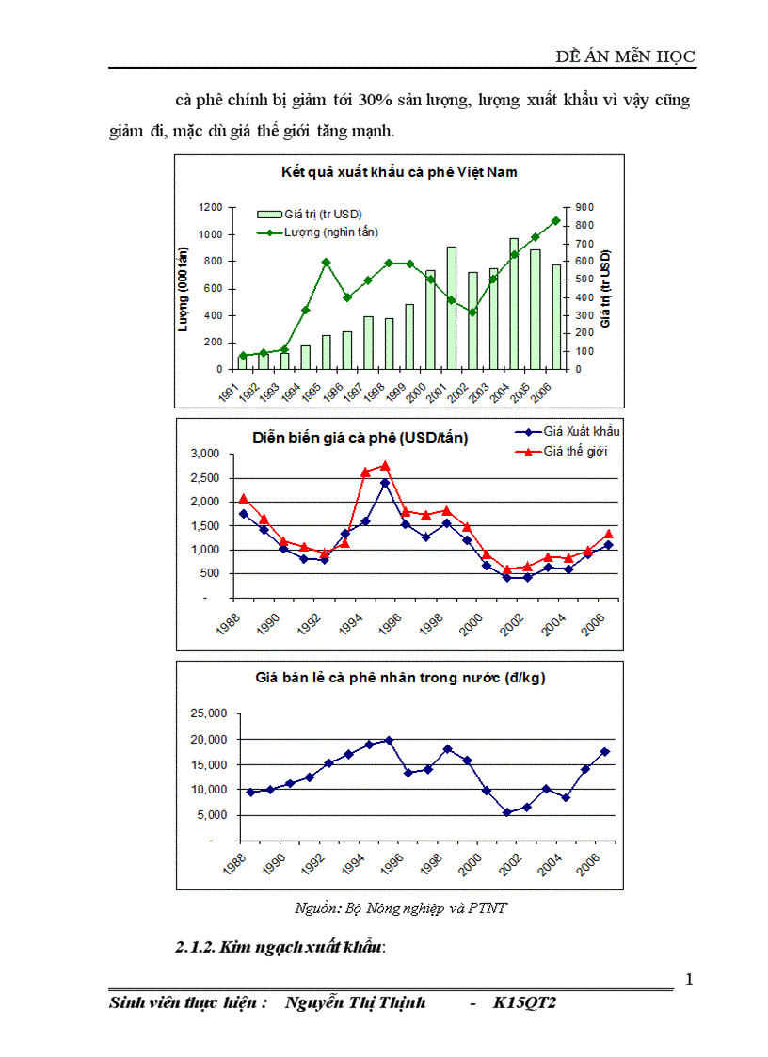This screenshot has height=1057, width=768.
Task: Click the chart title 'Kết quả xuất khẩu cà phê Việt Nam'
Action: coord(399,172)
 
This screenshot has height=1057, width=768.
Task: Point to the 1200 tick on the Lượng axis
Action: coord(210,207)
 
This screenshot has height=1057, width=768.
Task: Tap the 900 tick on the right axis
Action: coord(584,207)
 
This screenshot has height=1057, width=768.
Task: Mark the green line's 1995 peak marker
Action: coord(326,263)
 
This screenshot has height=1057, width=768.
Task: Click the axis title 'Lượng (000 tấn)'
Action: coord(185,287)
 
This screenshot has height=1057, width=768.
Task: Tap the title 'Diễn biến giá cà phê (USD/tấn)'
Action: coord(360,438)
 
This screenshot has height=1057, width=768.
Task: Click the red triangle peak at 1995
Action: coord(384,465)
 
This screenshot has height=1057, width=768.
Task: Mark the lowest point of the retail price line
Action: coord(507,812)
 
